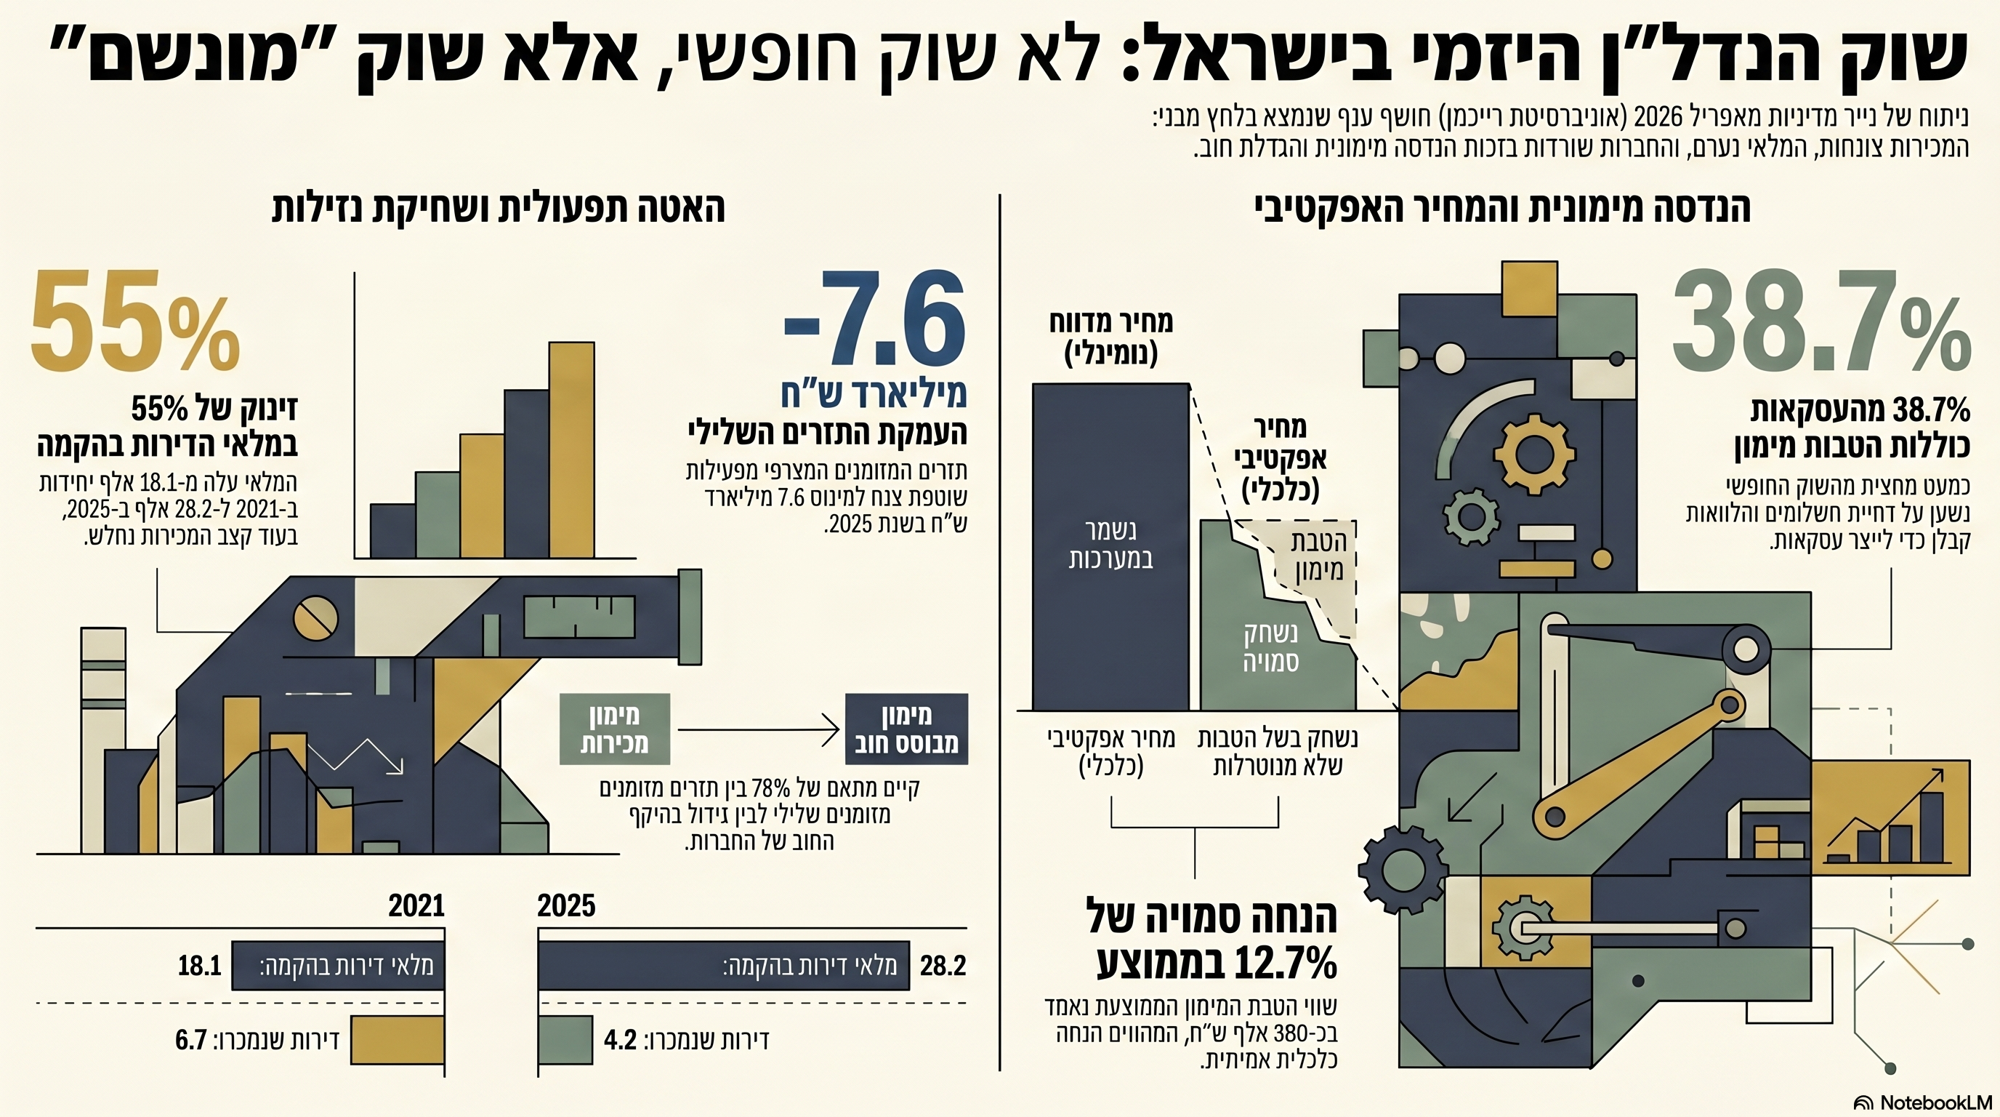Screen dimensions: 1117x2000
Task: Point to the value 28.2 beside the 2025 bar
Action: [943, 966]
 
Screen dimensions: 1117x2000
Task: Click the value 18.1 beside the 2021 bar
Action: [200, 966]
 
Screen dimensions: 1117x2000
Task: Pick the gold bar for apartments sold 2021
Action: [397, 1040]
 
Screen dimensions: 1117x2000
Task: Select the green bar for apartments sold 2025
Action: [565, 1040]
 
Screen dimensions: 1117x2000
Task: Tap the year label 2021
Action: [416, 905]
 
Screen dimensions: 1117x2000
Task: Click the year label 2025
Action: [566, 905]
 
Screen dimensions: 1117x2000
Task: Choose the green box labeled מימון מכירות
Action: [614, 729]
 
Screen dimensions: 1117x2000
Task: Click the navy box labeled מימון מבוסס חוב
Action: [906, 729]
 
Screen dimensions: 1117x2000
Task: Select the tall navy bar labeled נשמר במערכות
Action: [1110, 546]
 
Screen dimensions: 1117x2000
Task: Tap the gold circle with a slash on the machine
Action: [315, 618]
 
